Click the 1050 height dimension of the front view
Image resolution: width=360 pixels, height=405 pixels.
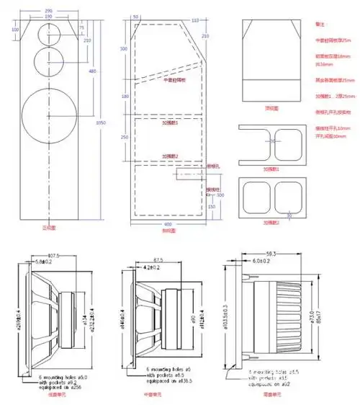102,123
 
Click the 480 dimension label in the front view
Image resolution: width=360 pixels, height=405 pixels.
92,71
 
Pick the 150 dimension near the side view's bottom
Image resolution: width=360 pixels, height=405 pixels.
210,208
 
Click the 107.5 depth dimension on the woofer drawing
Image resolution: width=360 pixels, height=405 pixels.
54,255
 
